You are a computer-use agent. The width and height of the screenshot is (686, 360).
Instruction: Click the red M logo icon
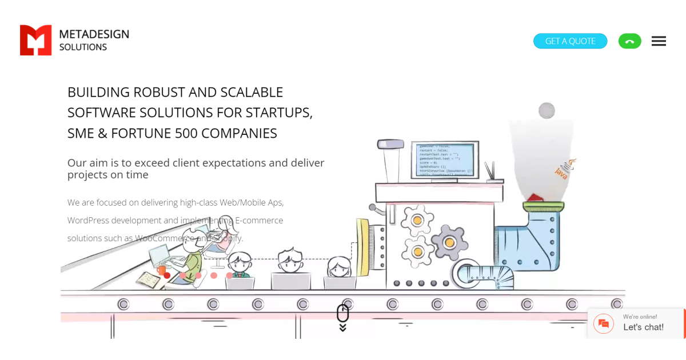35,40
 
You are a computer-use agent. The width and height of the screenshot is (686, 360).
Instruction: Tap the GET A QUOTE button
570,41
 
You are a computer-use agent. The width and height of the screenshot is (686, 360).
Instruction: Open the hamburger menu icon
659,41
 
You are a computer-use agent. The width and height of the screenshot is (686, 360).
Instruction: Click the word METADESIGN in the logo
94,34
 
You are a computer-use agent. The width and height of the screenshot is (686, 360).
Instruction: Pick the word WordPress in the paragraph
88,221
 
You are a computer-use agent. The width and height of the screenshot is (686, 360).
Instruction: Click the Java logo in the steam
563,170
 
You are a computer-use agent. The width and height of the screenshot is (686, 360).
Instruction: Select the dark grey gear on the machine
449,243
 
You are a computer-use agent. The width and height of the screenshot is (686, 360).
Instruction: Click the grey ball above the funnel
547,110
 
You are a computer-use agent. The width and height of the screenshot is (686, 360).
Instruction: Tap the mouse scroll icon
342,314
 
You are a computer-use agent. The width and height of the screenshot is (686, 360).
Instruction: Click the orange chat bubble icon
604,324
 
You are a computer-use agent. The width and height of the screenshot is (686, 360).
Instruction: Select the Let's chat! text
643,327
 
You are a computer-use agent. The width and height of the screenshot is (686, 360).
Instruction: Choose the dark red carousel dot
167,275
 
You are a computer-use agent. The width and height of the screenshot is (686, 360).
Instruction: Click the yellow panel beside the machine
362,247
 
